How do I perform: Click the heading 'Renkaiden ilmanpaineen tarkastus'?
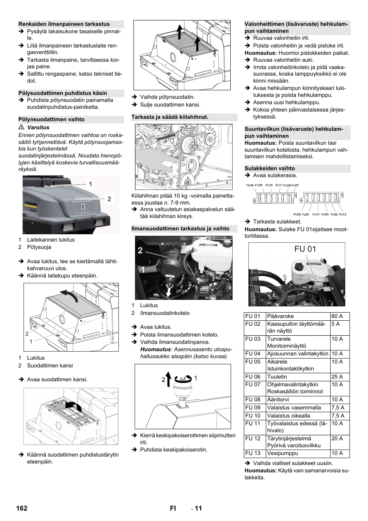pos(64,24)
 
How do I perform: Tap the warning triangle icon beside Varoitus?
pos(22,127)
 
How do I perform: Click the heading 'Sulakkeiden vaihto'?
pos(270,168)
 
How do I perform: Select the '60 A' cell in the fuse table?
pos(337,316)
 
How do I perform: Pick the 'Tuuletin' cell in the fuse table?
pos(277,377)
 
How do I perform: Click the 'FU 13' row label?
pos(253,453)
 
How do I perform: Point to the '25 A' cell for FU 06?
pos(337,377)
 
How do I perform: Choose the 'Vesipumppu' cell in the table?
pos(282,453)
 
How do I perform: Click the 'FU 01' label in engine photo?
pos(305,249)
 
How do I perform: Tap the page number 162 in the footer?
pos(22,508)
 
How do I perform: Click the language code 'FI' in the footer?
pos(173,508)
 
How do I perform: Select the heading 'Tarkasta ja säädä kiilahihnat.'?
pos(170,117)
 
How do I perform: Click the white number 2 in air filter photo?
pos(140,250)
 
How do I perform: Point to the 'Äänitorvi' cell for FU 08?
pos(278,399)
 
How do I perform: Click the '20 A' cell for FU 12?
pos(337,438)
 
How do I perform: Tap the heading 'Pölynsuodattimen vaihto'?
pos(51,119)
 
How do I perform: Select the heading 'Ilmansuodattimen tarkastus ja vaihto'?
pos(180,228)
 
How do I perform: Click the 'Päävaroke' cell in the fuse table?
pos(280,316)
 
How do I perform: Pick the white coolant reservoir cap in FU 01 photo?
pos(299,266)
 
